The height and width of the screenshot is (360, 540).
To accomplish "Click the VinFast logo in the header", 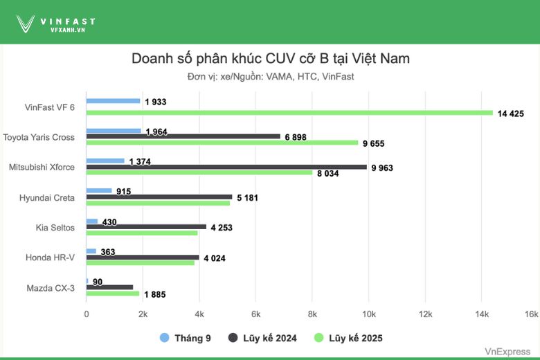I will point(55,24).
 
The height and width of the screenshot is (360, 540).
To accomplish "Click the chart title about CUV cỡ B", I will point(270,58).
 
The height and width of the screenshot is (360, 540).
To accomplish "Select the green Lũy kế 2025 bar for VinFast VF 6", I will point(289,113).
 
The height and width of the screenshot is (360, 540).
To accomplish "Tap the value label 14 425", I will point(514,113).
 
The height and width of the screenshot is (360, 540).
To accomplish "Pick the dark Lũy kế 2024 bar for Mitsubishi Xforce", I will point(226,167).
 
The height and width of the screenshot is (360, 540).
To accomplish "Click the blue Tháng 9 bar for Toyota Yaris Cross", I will point(113,131).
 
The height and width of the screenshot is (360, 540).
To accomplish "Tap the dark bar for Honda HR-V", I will point(143,258).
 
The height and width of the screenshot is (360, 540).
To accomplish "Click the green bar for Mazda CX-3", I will point(113,294).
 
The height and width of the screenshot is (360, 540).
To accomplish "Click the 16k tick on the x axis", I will point(530,314).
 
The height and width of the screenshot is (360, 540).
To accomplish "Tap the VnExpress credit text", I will point(507,352).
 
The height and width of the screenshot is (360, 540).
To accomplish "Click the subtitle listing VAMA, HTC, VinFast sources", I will point(270,76).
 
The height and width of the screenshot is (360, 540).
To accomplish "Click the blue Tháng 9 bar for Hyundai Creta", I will point(98,190).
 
